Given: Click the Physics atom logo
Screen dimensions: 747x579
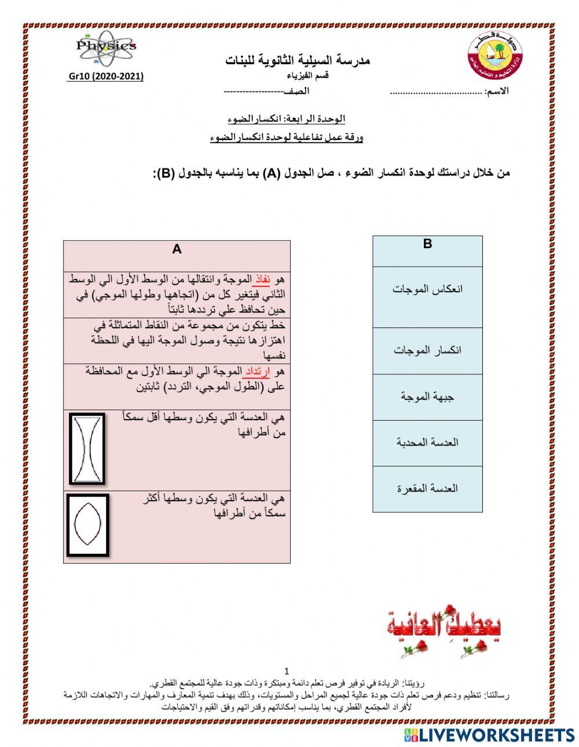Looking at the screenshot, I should pos(106,47).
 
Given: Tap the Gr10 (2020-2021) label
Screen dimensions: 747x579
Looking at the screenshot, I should pos(106,76).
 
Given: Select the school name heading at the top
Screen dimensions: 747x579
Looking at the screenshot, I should pos(297,60).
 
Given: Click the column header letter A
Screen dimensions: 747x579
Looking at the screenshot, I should pos(177,249).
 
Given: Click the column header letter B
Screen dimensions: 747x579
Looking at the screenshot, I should pos(427,244).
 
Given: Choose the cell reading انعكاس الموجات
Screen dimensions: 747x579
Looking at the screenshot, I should pos(427,289).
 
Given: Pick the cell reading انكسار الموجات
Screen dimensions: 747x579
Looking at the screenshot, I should pos(427,351).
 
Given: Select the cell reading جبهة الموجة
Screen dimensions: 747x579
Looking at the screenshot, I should pos(427,397).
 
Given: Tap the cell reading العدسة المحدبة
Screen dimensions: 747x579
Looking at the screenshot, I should pos(427,443).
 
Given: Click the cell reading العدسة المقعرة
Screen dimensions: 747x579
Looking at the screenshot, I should pos(427,488).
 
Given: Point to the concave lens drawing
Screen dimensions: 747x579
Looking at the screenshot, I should pos(87,448).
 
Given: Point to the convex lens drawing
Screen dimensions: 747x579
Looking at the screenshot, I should pos(87,524).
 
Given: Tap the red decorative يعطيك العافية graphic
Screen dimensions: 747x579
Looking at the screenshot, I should pos(444,630).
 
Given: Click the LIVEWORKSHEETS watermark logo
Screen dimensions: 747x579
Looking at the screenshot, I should pos(489,735).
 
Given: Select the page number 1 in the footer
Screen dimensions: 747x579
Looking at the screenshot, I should pos(287,671).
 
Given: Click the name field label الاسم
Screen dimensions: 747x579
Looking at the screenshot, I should pos(498,92).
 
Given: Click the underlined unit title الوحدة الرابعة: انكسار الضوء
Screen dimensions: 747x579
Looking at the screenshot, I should pos(287,119).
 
